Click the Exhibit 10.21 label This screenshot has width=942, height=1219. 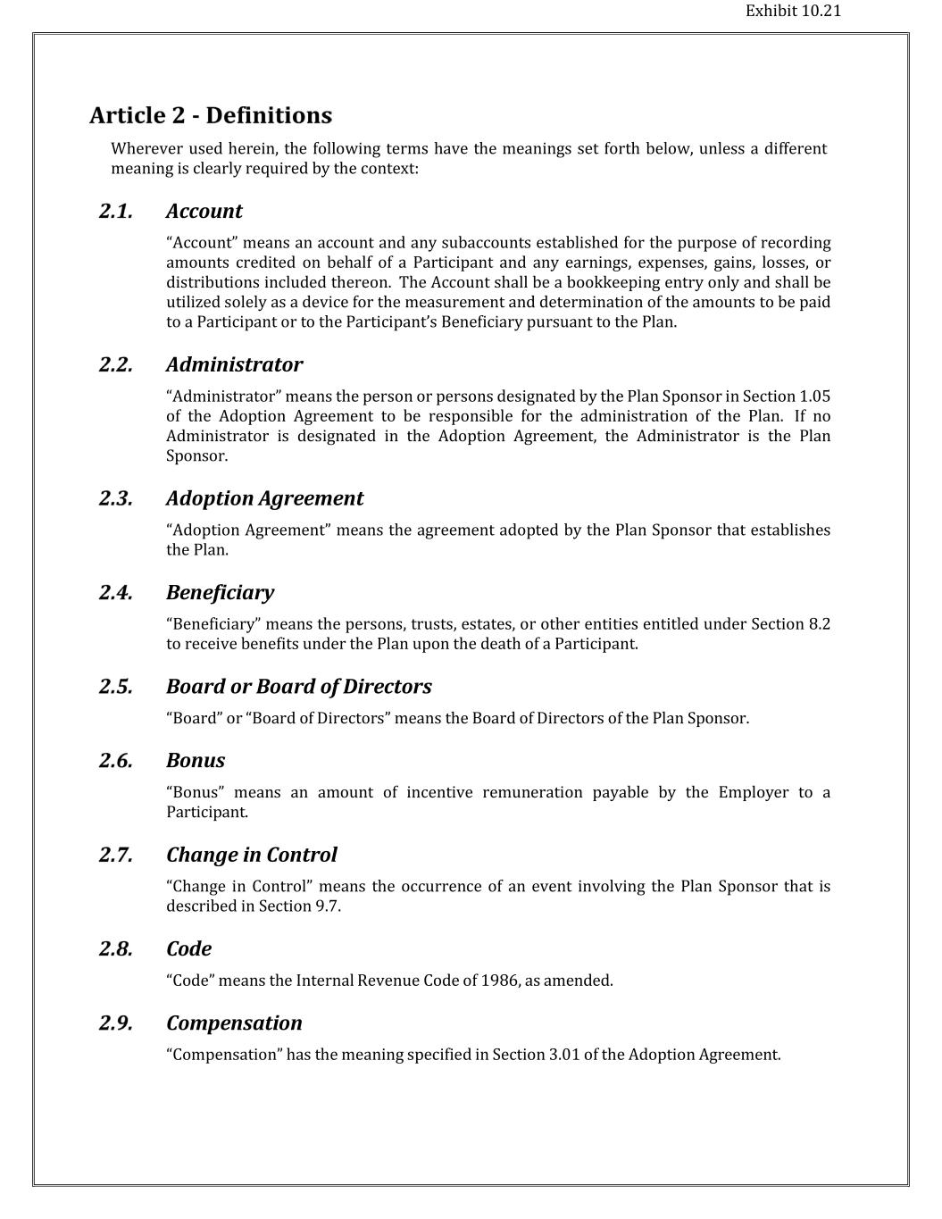[793, 12]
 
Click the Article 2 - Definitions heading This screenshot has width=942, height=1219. [211, 116]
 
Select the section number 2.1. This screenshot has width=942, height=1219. [116, 212]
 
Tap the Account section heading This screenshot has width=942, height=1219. [204, 212]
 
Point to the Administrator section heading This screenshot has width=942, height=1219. [234, 365]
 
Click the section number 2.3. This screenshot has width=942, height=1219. [116, 498]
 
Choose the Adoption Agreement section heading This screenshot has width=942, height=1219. [264, 498]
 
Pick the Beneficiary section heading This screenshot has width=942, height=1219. [220, 593]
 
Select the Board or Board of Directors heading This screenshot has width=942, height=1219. [298, 687]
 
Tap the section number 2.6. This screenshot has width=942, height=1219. [116, 761]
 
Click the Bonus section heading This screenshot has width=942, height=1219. [195, 761]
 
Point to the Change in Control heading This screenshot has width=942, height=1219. [251, 856]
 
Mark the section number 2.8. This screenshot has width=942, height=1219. [116, 949]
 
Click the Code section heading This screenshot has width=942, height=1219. [188, 949]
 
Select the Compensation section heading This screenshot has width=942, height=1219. [234, 1023]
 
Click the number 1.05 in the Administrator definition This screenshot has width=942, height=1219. [814, 397]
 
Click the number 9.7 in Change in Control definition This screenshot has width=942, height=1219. [327, 906]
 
